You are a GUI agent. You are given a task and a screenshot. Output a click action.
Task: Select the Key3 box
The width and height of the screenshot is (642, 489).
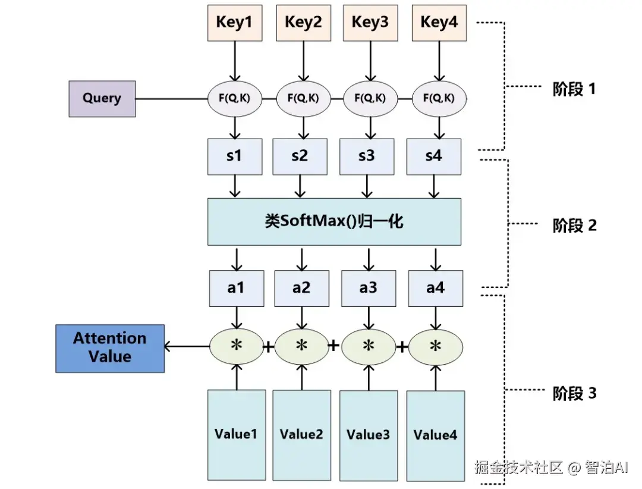click(x=370, y=23)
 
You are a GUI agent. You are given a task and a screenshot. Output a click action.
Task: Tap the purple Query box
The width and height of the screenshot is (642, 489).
click(x=102, y=98)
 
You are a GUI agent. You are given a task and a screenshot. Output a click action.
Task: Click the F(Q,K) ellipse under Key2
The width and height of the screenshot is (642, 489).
click(x=303, y=98)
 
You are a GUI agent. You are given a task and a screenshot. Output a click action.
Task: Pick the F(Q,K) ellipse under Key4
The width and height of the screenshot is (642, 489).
click(x=439, y=98)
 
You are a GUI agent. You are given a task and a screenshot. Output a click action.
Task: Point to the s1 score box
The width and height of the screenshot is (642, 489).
click(x=235, y=156)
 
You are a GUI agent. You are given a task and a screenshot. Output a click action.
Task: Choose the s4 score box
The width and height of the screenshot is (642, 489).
click(x=433, y=156)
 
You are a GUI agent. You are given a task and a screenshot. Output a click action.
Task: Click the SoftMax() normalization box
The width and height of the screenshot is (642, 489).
click(x=334, y=222)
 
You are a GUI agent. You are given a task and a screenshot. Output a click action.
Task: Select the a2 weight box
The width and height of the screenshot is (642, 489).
click(x=301, y=288)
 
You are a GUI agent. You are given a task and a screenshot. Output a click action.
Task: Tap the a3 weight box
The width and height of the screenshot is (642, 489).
click(x=369, y=288)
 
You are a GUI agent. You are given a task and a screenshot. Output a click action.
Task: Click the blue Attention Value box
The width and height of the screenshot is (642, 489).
click(x=110, y=348)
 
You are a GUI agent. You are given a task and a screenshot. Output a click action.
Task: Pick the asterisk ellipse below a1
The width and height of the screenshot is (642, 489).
click(x=237, y=346)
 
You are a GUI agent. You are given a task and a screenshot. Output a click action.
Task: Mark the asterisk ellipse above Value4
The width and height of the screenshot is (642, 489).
click(x=436, y=346)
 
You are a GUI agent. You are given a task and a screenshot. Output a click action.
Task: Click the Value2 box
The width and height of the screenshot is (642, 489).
click(x=301, y=435)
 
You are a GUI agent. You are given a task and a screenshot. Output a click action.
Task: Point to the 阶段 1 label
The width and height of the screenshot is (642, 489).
click(x=574, y=90)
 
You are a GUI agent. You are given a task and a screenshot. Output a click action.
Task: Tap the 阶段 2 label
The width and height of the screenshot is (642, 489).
click(x=574, y=225)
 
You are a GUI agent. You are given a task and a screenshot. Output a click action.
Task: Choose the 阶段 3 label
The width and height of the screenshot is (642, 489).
click(x=574, y=393)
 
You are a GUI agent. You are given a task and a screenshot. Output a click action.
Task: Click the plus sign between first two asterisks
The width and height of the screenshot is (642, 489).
click(x=269, y=347)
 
